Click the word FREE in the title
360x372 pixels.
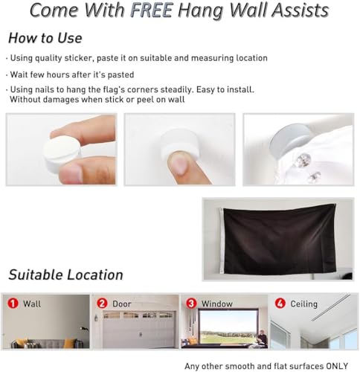[x=152, y=10]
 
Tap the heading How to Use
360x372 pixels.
[x=45, y=38]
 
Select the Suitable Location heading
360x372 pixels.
[x=65, y=275]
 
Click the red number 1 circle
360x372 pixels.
[x=13, y=303]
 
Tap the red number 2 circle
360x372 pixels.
[x=102, y=303]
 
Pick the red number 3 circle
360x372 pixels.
[x=191, y=303]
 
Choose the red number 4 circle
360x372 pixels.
[x=280, y=303]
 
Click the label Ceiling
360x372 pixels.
[x=303, y=304]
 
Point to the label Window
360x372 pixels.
[x=217, y=304]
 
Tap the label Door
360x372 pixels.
[x=121, y=304]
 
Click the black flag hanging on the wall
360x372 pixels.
[x=279, y=240]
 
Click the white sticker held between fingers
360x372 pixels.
[x=62, y=150]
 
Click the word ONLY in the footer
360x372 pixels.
[x=337, y=366]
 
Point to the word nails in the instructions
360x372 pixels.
[x=49, y=89]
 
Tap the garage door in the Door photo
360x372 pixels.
[x=139, y=330]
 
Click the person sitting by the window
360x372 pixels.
[x=262, y=338]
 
